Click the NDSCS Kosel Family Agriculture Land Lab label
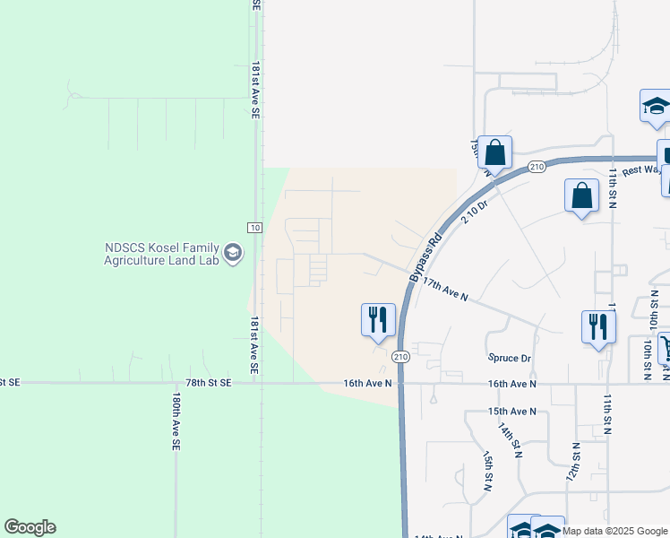[160, 255]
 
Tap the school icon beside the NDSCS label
[233, 254]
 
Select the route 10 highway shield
[254, 228]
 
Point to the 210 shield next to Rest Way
[537, 167]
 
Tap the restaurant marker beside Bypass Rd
[378, 319]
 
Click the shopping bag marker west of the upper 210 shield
[494, 154]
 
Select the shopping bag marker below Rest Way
[581, 196]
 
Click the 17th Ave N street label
[445, 289]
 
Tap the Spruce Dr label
[510, 358]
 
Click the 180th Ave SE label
[177, 421]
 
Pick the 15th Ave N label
[511, 412]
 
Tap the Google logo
[30, 527]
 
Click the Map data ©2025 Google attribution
[614, 531]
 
